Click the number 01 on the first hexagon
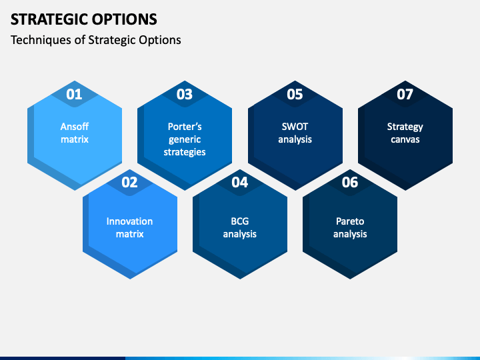click(x=74, y=94)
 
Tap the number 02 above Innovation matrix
click(x=129, y=182)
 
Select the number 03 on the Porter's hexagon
click(x=184, y=94)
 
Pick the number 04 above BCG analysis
click(x=240, y=182)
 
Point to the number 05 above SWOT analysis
click(x=295, y=94)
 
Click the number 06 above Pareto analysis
click(x=350, y=182)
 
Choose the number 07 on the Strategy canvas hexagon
click(x=405, y=94)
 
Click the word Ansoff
click(x=75, y=127)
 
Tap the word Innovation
click(x=129, y=221)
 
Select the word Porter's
click(x=185, y=127)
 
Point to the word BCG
click(x=240, y=221)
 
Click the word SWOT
click(x=295, y=127)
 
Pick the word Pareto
click(x=350, y=221)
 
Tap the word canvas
click(x=405, y=139)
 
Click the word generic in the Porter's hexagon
click(x=185, y=140)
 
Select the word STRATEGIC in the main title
click(x=49, y=19)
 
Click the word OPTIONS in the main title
click(x=125, y=19)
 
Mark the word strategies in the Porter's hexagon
click(x=185, y=153)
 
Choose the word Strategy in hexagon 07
click(x=405, y=127)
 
